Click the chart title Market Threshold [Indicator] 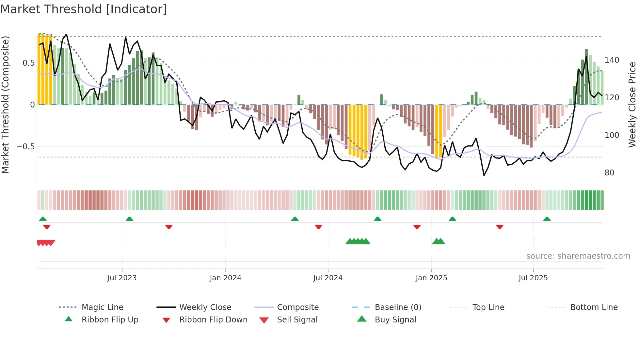(x=84, y=9)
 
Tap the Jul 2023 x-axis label (x=122, y=278)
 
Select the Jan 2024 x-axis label (x=225, y=278)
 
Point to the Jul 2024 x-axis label (x=328, y=278)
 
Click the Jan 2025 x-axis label (x=431, y=278)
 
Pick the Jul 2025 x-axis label (x=533, y=278)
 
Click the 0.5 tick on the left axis (x=28, y=63)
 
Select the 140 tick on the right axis (x=612, y=60)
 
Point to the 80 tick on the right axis (x=609, y=173)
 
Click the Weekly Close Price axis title (x=632, y=105)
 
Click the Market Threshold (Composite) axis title (x=5, y=105)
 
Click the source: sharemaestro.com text (x=578, y=256)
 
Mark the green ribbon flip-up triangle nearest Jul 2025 (x=547, y=219)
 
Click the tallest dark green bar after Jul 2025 (x=586, y=77)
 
